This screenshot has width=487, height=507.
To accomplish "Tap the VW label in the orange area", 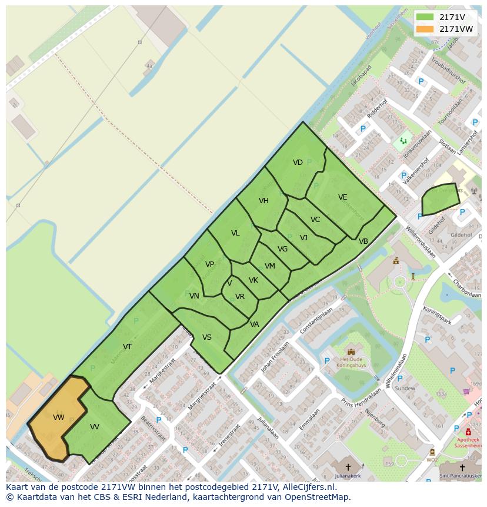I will point(58,417).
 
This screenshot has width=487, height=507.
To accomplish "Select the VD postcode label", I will point(298,163).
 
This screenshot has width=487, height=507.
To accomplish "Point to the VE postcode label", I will point(343,197).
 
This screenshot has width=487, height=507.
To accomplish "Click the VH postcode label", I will point(263,201).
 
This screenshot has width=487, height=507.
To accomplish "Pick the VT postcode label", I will point(127,346).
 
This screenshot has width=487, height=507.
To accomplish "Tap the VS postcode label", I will point(207,337).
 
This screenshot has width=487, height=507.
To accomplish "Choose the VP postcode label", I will point(209,264).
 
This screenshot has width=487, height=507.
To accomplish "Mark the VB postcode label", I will point(363,241).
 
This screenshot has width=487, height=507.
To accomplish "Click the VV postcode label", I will point(95,426).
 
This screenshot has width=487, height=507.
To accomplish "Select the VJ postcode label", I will point(303,238).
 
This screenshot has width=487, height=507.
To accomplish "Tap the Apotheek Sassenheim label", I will point(468,443).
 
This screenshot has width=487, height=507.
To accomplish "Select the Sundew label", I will point(405,389).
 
